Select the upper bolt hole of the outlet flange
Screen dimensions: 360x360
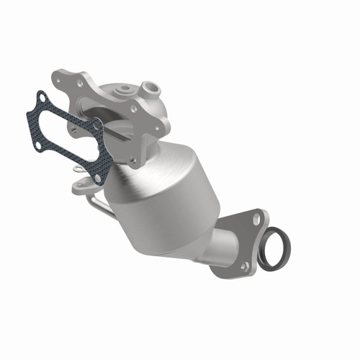(255, 215)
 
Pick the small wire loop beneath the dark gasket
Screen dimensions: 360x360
(77, 170)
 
